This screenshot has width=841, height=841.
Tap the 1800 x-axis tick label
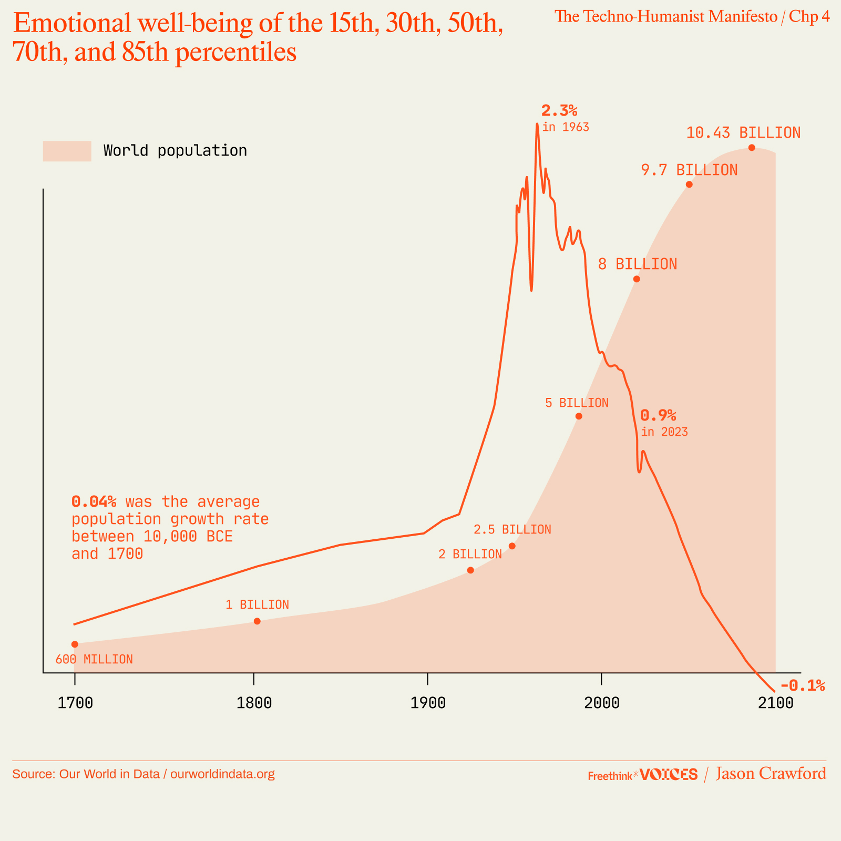click(254, 703)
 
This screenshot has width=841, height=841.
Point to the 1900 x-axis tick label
click(427, 703)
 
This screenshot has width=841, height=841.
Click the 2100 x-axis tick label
click(775, 703)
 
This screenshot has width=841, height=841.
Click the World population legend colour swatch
click(67, 151)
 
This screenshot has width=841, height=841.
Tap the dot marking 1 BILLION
click(257, 621)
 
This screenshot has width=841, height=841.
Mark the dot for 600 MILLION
click(75, 644)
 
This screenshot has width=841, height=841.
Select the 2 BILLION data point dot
click(470, 570)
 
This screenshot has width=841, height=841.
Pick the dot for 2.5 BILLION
click(512, 546)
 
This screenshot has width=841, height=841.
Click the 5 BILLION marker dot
click(579, 416)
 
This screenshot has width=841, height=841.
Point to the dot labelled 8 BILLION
click(637, 279)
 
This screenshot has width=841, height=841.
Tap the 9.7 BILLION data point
click(689, 184)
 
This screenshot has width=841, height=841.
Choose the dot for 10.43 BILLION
click(752, 147)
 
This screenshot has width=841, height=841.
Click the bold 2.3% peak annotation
click(559, 111)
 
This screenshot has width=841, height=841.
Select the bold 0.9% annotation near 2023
click(658, 416)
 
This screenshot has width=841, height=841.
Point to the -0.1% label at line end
click(803, 685)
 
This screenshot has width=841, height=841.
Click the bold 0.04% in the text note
click(94, 501)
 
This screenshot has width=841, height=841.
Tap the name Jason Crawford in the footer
click(771, 774)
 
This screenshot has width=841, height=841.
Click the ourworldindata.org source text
click(222, 774)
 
